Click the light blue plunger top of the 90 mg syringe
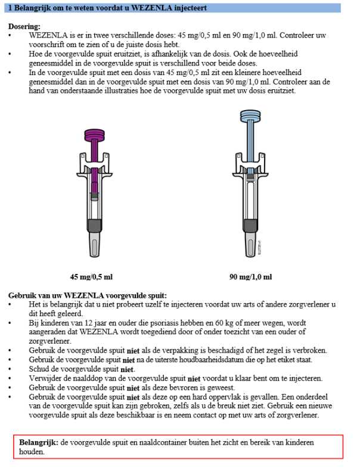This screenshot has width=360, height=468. tap(250, 116)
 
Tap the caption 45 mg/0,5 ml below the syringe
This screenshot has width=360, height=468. tap(91, 277)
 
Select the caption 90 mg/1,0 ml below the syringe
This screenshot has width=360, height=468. tap(250, 277)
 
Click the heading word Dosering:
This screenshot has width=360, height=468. tap(24, 27)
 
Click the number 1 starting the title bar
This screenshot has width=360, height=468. tap(10, 8)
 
